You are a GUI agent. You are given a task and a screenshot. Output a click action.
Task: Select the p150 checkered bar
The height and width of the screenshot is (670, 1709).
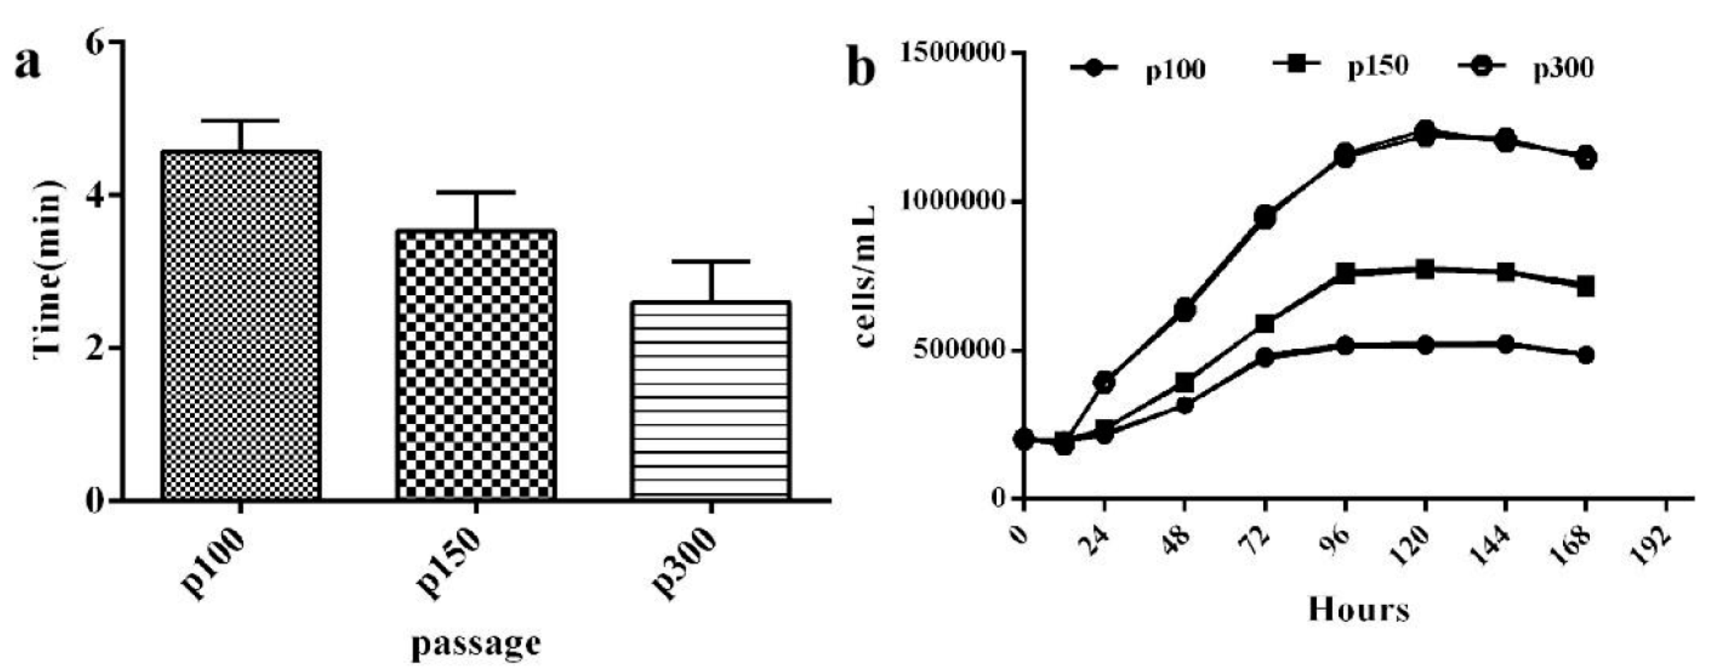475,365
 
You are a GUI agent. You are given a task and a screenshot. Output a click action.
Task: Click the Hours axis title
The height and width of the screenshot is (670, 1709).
1359,610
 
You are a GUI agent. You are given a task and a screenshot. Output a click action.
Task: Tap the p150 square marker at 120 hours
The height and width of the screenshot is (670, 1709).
1425,270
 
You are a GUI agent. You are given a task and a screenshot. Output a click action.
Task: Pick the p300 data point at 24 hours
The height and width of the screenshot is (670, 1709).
1104,383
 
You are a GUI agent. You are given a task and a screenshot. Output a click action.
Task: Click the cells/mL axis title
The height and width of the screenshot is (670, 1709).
865,275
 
